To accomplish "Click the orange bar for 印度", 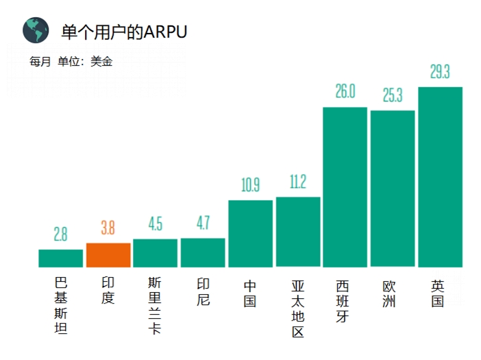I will (108, 255).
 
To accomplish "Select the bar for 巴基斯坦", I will (60, 258).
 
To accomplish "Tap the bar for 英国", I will (440, 177).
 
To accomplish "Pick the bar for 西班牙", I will (345, 187).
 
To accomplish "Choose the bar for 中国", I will (250, 233).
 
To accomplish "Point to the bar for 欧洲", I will (393, 189).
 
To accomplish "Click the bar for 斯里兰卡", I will (156, 253).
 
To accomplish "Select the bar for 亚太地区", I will (298, 232).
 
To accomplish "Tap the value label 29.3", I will (440, 72).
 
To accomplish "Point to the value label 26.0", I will (345, 92).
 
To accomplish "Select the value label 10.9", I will (250, 185).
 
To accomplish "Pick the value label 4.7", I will (203, 224).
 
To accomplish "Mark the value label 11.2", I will (298, 182).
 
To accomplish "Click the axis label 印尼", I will (203, 291).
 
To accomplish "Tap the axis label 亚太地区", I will (298, 308).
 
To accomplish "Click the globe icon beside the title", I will (36, 31).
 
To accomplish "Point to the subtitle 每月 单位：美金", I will (71, 61).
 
